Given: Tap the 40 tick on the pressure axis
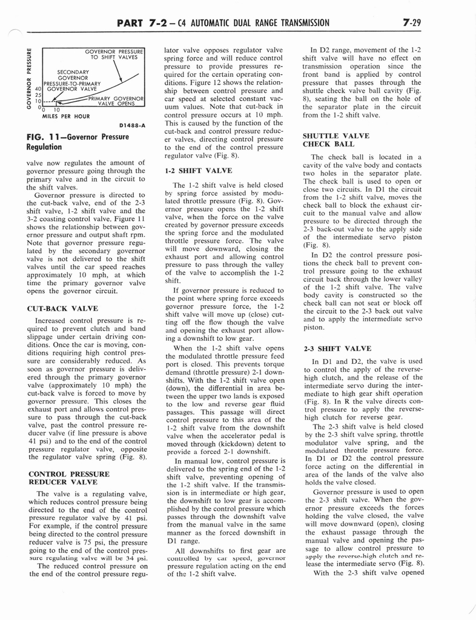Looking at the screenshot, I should (38, 88).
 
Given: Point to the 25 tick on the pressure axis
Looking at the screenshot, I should (38, 95).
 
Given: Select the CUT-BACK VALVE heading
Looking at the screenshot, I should (62, 308).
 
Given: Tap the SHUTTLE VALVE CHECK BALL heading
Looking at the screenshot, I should (335, 140).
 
